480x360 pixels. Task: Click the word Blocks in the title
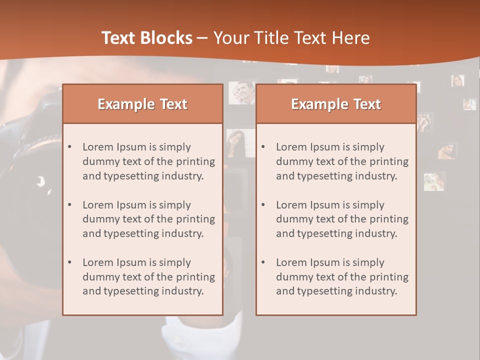tap(166, 38)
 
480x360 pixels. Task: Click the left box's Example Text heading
tap(142, 104)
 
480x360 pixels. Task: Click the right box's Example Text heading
tap(336, 104)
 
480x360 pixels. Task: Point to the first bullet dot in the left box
tap(70, 147)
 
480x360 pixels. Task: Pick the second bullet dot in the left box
tap(70, 204)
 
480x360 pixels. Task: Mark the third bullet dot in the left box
tap(70, 262)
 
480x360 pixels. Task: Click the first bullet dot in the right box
tap(263, 147)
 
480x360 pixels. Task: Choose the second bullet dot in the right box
tap(263, 204)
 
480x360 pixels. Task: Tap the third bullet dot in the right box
tap(263, 262)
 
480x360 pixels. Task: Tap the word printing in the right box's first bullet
tap(389, 161)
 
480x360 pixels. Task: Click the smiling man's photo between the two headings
tap(241, 92)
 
